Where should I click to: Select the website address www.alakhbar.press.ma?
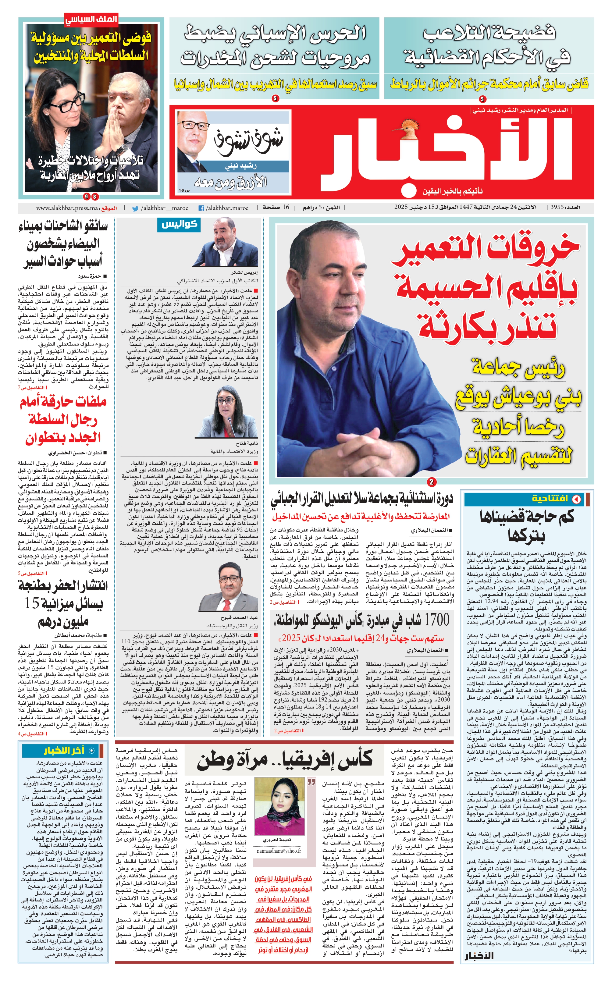(x=67, y=208)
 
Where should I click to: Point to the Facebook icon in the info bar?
(x=201, y=208)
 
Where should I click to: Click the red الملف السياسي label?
(x=91, y=19)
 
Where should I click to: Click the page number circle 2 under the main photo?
(x=432, y=482)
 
